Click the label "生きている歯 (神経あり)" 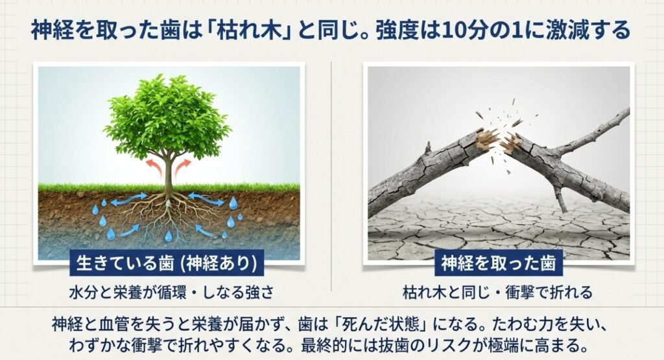tap(168, 263)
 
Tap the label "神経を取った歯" tap(498, 263)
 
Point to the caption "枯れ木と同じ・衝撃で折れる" tap(497, 292)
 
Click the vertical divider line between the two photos tap(331, 175)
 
